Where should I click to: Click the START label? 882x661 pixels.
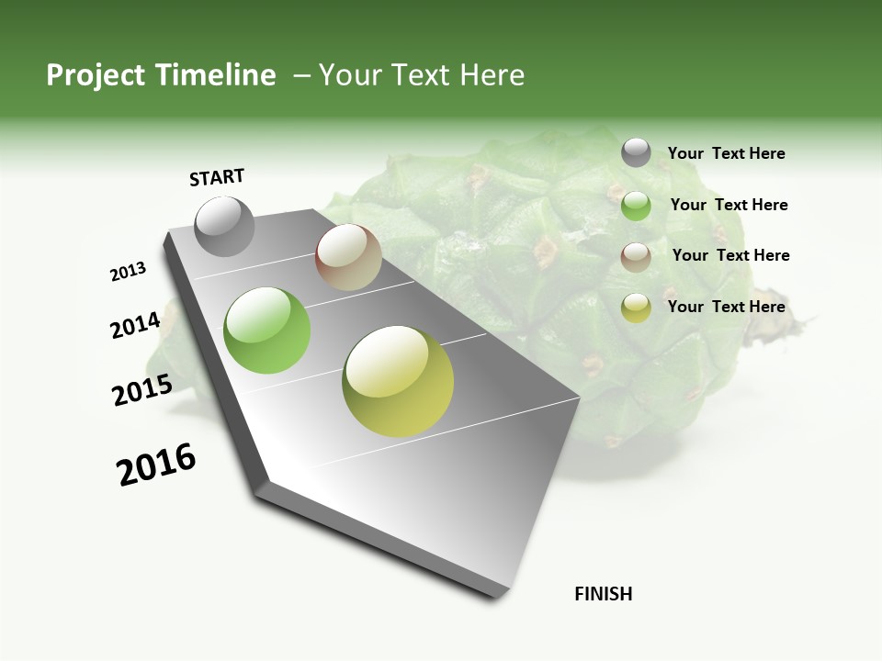click(217, 177)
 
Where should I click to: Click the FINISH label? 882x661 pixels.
click(603, 594)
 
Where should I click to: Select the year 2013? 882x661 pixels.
click(128, 272)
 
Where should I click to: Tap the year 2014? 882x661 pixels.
click(135, 325)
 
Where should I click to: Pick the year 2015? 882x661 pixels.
click(141, 390)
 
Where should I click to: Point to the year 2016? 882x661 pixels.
click(156, 465)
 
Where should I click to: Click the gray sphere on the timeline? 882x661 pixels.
click(224, 227)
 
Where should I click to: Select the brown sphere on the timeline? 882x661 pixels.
click(348, 257)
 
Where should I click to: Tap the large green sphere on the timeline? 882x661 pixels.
click(266, 330)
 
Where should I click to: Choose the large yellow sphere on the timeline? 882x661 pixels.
click(398, 381)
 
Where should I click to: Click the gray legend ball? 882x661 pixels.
click(636, 152)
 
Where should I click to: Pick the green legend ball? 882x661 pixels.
click(636, 206)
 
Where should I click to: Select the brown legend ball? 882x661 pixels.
click(636, 256)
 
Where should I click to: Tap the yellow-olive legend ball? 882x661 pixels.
click(636, 308)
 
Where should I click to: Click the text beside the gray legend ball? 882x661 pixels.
click(726, 153)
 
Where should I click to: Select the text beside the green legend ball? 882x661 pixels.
click(729, 205)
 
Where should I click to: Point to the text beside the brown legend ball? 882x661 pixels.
click(730, 255)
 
